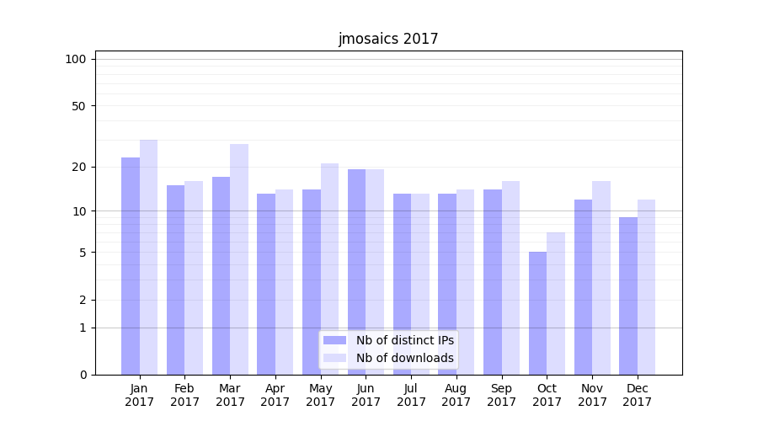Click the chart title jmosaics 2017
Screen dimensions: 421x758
pos(388,39)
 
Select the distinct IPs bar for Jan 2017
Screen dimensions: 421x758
pos(131,265)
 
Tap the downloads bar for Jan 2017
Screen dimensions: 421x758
pos(148,257)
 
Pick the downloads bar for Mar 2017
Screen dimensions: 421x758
pos(239,258)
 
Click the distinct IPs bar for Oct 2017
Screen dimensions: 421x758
pos(537,312)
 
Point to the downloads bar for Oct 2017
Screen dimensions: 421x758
pos(556,303)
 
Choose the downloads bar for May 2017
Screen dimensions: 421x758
pos(329,269)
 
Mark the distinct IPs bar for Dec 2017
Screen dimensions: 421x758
pos(628,296)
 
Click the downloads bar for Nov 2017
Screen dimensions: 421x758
pos(601,277)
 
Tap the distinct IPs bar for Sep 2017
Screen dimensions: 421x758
pos(493,281)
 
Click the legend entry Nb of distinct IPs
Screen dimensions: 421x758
pos(404,340)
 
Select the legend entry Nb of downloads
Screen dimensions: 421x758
pos(404,358)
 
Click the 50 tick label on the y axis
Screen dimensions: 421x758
pos(79,106)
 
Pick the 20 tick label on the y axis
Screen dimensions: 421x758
pos(79,167)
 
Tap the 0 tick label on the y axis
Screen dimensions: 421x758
pos(83,375)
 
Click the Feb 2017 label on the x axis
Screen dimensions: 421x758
pos(184,395)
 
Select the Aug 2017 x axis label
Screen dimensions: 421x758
pos(456,395)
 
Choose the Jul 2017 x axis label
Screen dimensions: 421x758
pos(411,395)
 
